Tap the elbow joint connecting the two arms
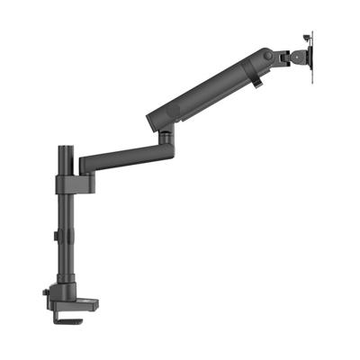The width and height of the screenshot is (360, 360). [x=166, y=138]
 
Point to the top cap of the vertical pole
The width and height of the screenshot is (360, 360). [x=66, y=146]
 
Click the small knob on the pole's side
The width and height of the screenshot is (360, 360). [x=57, y=237]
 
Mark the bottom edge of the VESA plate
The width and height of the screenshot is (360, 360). [x=311, y=80]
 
